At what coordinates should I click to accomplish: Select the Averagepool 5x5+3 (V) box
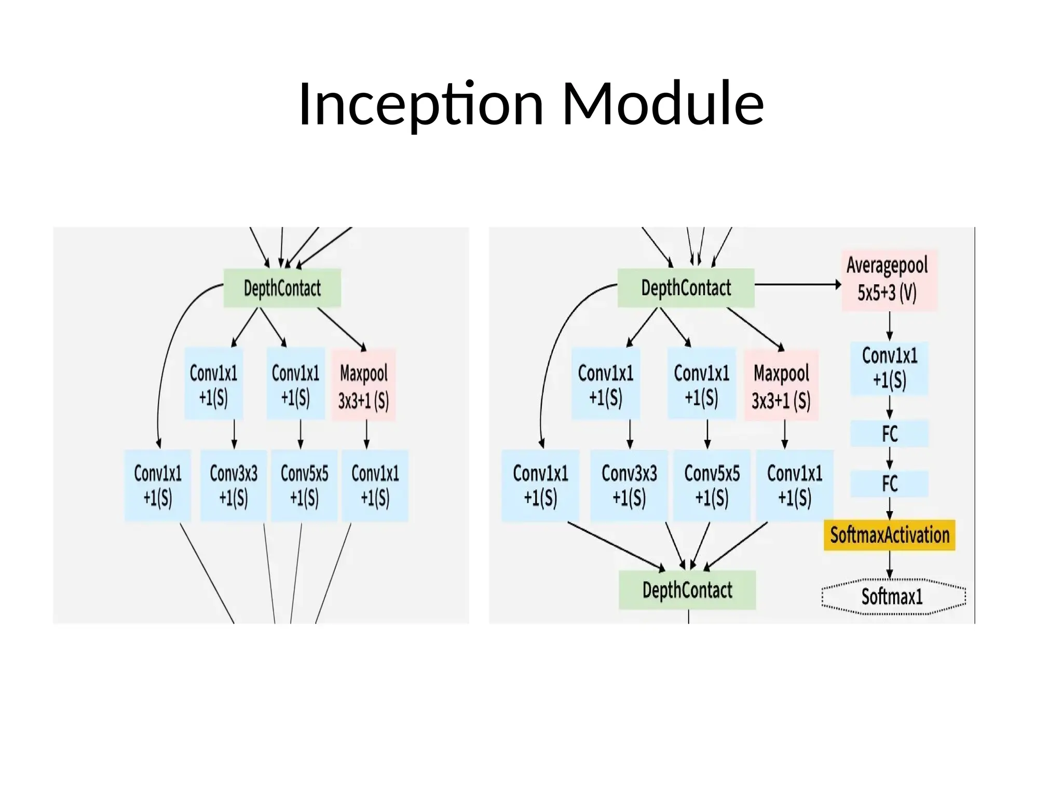[x=889, y=280]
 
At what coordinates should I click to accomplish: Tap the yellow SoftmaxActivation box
[x=889, y=535]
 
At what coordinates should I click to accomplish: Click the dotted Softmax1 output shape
[x=893, y=596]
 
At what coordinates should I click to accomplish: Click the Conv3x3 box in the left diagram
[x=234, y=486]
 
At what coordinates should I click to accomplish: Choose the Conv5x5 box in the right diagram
[x=712, y=486]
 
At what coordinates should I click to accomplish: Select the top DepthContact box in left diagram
[x=282, y=288]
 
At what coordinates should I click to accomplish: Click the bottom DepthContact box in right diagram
[x=687, y=590]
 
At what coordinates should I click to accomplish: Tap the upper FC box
[x=889, y=434]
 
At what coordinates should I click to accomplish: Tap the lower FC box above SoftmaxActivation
[x=889, y=484]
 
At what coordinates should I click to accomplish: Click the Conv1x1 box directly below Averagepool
[x=889, y=368]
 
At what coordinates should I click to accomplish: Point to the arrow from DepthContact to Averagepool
[x=797, y=284]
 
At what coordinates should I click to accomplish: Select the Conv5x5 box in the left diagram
[x=304, y=486]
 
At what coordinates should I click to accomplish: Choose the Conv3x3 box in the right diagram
[x=629, y=486]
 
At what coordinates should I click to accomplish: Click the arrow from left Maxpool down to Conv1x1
[x=366, y=434]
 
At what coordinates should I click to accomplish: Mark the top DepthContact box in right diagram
[x=686, y=288]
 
